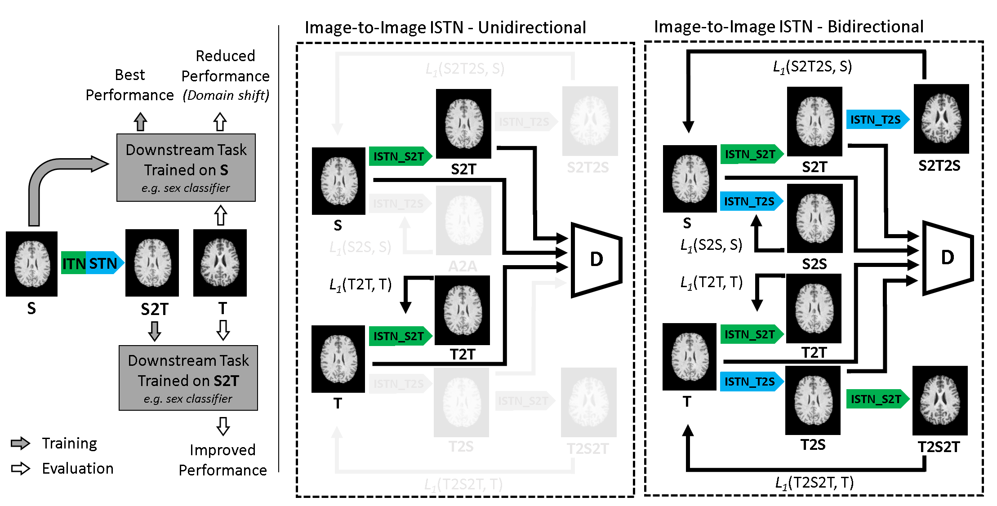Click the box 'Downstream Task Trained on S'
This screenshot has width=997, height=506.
pyautogui.click(x=186, y=168)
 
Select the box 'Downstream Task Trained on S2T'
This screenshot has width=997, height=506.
pyautogui.click(x=188, y=378)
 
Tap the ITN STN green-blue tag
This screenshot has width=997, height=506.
pyautogui.click(x=92, y=263)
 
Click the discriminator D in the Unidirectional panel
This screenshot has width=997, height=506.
pyautogui.click(x=596, y=260)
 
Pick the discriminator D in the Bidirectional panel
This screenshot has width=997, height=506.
pyautogui.click(x=948, y=258)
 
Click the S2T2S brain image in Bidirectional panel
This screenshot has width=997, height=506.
pyautogui.click(x=941, y=119)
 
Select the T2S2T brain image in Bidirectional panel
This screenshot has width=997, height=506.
pyautogui.click(x=940, y=400)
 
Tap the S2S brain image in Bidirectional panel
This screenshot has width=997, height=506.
pyautogui.click(x=815, y=218)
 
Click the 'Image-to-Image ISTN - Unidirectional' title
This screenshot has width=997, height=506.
pyautogui.click(x=445, y=27)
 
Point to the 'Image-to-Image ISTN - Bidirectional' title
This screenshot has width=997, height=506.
pyautogui.click(x=788, y=27)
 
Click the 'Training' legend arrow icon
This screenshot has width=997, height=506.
pyautogui.click(x=20, y=443)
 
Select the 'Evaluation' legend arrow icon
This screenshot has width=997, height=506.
pyautogui.click(x=20, y=468)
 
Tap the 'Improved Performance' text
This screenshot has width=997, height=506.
pyautogui.click(x=223, y=460)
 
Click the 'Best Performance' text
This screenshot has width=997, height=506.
pyautogui.click(x=129, y=85)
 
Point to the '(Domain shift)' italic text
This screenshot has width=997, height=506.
pyautogui.click(x=226, y=95)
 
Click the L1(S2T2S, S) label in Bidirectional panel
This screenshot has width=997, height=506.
pyautogui.click(x=812, y=67)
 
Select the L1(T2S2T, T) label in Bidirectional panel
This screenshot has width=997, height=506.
pyautogui.click(x=814, y=483)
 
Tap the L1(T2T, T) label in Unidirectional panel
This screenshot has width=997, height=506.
pyautogui.click(x=360, y=284)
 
